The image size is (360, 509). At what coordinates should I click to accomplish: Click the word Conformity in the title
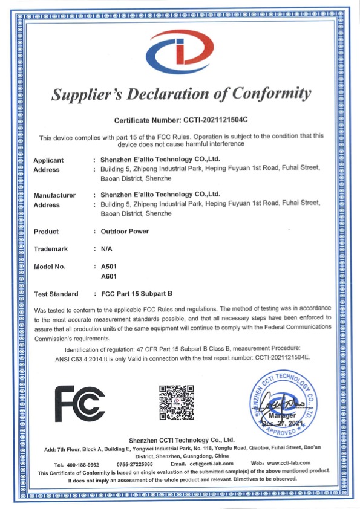tap(264, 94)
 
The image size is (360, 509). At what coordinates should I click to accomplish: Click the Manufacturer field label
tap(54, 195)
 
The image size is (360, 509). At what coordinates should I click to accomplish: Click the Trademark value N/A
tap(107, 248)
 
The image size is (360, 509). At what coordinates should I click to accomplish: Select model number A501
tap(110, 266)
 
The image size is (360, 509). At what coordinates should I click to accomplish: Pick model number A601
tap(110, 276)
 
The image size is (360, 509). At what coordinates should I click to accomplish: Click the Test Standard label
tap(56, 294)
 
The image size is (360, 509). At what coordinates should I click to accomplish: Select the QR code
tap(176, 403)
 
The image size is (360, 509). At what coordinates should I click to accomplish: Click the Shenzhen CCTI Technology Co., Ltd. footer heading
tap(182, 439)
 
